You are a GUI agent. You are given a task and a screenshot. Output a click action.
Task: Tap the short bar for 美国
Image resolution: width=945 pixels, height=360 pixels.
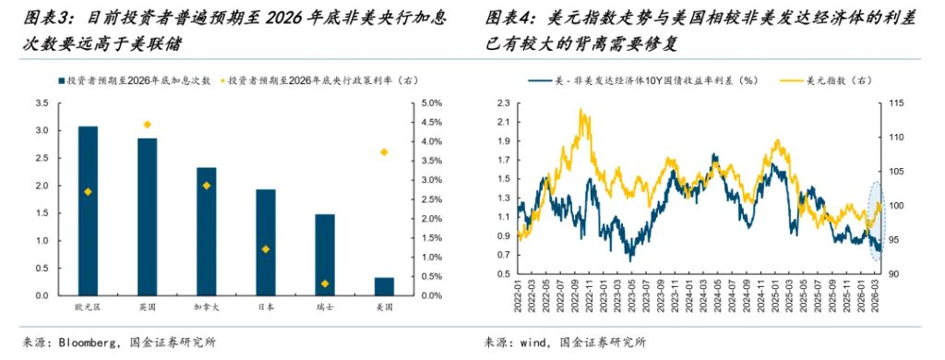[x=384, y=286]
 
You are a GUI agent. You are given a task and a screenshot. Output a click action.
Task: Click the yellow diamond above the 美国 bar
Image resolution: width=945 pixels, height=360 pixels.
[x=384, y=152]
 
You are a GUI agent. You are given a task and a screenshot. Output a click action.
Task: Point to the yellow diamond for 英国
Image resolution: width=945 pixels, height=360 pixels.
[x=147, y=125]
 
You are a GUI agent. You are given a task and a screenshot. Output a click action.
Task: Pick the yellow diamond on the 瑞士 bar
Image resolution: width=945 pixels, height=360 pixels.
[x=325, y=283]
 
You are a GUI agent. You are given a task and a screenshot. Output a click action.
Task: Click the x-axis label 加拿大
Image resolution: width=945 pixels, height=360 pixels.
[x=207, y=306]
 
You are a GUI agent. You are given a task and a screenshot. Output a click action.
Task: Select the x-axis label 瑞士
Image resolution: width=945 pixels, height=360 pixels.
[x=325, y=306]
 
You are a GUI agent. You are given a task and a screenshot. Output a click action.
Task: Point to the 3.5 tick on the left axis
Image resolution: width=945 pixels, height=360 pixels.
[x=42, y=102]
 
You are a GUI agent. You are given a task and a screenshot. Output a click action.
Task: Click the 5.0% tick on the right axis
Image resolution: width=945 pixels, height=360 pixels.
[x=430, y=102]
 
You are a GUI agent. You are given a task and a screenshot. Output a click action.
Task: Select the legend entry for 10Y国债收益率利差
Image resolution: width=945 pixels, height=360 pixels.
[x=647, y=81]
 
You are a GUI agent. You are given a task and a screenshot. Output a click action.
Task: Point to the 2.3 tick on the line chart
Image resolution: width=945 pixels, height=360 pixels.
[x=503, y=102]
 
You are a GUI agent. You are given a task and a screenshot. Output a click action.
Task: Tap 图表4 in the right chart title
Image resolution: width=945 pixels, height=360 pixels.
[x=508, y=18]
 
